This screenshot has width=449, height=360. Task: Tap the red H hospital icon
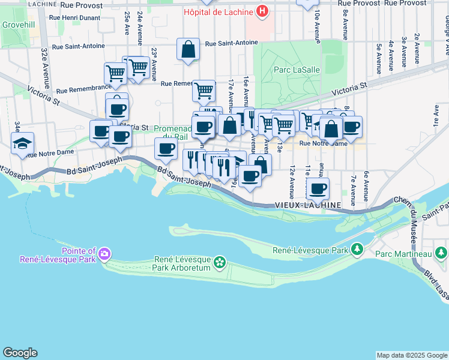coord(262,11)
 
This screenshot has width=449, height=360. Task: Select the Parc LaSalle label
coord(297,70)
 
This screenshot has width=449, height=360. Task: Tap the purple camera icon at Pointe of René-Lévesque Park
coord(105,254)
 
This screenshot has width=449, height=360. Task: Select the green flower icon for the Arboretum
coord(220,262)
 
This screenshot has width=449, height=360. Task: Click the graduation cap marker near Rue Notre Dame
coord(22,143)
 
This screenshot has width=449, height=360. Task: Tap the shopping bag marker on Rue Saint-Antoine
coord(188,50)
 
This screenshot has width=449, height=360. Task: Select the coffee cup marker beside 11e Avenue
coord(318,188)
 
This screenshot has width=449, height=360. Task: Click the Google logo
coord(20,353)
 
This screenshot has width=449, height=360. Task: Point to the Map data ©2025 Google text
coord(411,355)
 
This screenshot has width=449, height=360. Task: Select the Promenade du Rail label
coord(172,133)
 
